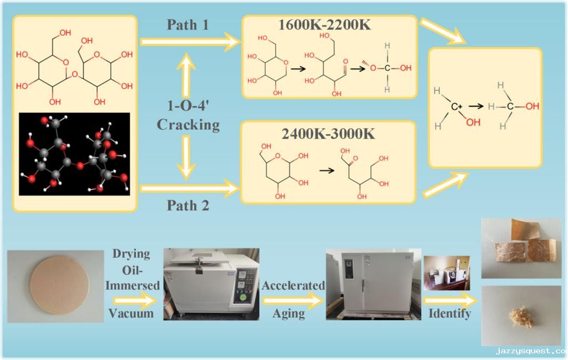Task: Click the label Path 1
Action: [x=187, y=26]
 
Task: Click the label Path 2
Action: [x=188, y=206]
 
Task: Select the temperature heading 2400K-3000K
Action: [x=328, y=134]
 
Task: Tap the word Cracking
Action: [x=188, y=124]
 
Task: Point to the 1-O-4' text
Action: [x=188, y=105]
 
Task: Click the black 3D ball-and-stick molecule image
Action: [x=74, y=154]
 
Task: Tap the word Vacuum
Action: [x=131, y=313]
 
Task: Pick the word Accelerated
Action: [x=293, y=286]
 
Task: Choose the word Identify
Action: [x=449, y=313]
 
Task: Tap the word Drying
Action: [x=131, y=254]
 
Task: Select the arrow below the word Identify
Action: [x=449, y=301]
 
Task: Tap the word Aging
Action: [x=288, y=313]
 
